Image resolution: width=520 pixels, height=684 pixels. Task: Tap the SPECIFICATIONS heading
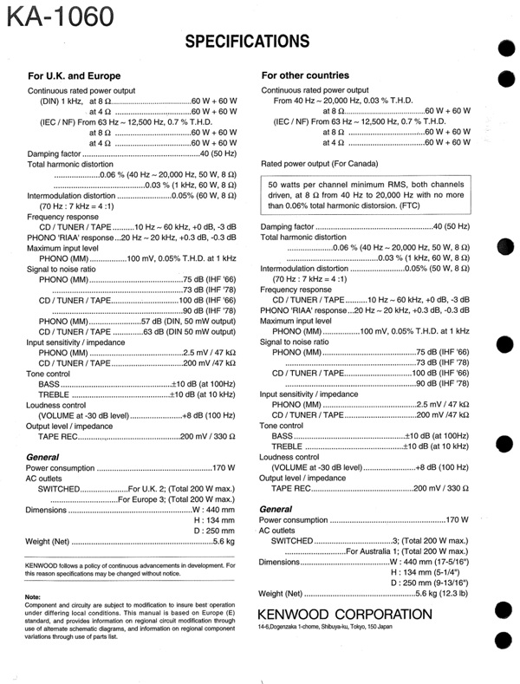click(247, 41)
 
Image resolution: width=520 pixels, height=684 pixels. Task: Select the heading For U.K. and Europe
click(79, 75)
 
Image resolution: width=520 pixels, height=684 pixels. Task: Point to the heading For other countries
click(305, 75)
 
